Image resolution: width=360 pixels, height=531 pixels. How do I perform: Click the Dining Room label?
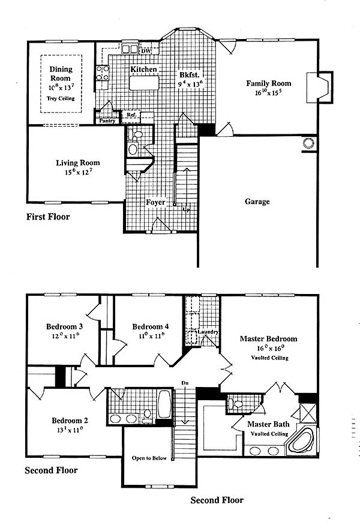pyautogui.click(x=61, y=73)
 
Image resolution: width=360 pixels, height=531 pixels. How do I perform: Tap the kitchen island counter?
pyautogui.click(x=144, y=83)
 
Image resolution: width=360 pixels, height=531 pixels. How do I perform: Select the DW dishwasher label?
pyautogui.click(x=146, y=51)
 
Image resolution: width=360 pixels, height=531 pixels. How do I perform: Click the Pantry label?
pyautogui.click(x=107, y=121)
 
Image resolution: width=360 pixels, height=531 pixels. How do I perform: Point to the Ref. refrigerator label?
pyautogui.click(x=131, y=115)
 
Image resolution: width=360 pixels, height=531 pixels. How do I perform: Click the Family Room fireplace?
pyautogui.click(x=319, y=87)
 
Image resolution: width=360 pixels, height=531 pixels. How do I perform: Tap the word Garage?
pyautogui.click(x=257, y=202)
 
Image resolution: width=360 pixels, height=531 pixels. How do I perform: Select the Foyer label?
pyautogui.click(x=155, y=202)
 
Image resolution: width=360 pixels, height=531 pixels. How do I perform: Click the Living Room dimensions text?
pyautogui.click(x=78, y=172)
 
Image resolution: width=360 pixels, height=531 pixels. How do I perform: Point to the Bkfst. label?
pyautogui.click(x=190, y=75)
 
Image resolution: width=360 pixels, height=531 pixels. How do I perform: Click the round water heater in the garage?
pyautogui.click(x=308, y=143)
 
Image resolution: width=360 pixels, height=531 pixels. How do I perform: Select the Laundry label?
pyautogui.click(x=208, y=332)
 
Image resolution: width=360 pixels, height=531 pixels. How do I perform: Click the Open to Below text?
pyautogui.click(x=149, y=458)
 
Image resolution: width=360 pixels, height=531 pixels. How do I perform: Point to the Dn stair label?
pyautogui.click(x=185, y=383)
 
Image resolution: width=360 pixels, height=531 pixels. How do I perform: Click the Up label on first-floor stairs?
pyautogui.click(x=186, y=210)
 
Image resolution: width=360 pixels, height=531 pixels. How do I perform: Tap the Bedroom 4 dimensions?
pyautogui.click(x=151, y=335)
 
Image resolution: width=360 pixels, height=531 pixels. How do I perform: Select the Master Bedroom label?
pyautogui.click(x=268, y=338)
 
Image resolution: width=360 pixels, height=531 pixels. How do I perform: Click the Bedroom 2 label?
pyautogui.click(x=70, y=421)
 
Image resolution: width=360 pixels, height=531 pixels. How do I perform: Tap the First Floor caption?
pyautogui.click(x=48, y=217)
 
